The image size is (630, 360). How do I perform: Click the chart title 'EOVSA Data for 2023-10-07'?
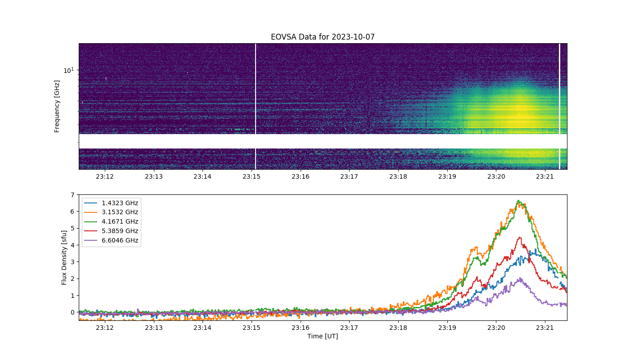pos(323,37)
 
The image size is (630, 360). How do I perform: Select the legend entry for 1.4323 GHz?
pos(112,203)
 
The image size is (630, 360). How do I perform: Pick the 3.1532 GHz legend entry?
pos(112,212)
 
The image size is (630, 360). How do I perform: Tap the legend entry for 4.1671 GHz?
pos(112,221)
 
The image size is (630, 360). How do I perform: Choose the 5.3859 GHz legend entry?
pos(112,231)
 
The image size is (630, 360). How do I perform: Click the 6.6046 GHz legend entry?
pos(112,240)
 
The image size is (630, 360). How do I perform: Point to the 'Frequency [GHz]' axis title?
pos(57,106)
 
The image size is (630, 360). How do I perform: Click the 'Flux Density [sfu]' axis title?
pos(64,257)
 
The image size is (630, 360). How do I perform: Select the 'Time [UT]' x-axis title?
pos(323,336)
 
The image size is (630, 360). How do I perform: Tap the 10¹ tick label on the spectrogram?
pos(68,70)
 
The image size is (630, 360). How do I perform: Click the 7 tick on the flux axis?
pos(73,195)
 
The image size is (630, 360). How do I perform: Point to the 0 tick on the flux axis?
pos(73,312)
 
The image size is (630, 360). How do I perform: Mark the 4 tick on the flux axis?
pos(73,245)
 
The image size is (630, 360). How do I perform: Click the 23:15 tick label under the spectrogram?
pos(252,176)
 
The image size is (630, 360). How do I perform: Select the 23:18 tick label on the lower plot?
pos(398,328)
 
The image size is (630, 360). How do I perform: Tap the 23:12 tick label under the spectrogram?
pos(105,176)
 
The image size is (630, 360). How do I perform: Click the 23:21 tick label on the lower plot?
pos(545,328)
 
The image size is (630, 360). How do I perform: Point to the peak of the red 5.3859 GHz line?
pos(520,238)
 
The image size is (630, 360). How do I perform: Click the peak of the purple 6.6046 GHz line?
pos(520,278)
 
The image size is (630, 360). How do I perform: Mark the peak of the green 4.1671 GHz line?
pos(518,201)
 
